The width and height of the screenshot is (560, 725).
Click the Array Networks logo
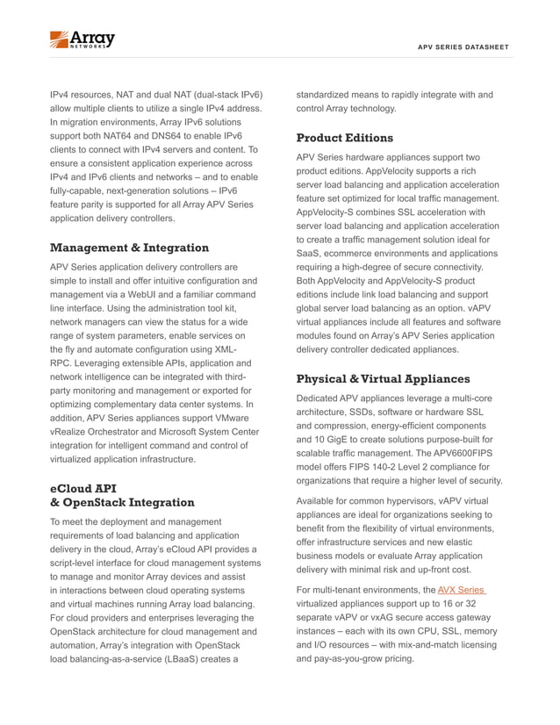pyautogui.click(x=82, y=39)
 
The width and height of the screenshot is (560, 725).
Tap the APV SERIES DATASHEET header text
pyautogui.click(x=463, y=47)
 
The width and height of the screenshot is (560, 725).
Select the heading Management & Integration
pyautogui.click(x=129, y=248)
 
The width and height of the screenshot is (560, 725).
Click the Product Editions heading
pyautogui.click(x=344, y=138)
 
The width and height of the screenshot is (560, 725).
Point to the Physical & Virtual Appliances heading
pyautogui.click(x=383, y=379)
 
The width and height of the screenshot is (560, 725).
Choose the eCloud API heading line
pyautogui.click(x=84, y=487)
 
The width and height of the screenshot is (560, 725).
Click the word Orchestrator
pyautogui.click(x=116, y=432)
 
